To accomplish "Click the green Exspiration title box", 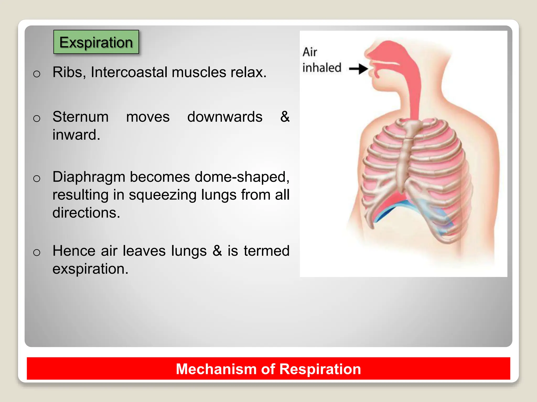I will click(96, 42).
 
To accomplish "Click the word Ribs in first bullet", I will click(67, 72).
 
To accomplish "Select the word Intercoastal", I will click(129, 72).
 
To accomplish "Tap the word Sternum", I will click(80, 117).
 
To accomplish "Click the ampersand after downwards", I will click(284, 117).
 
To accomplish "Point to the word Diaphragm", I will click(89, 177).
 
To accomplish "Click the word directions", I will click(86, 213).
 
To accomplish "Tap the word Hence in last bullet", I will click(74, 251).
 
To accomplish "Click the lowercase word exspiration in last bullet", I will click(90, 269).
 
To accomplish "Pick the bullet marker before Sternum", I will click(37, 118).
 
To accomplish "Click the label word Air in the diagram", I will click(310, 52).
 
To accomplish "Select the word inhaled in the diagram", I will click(322, 68).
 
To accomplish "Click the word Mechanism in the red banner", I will click(216, 369).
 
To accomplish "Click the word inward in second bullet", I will click(76, 135).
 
